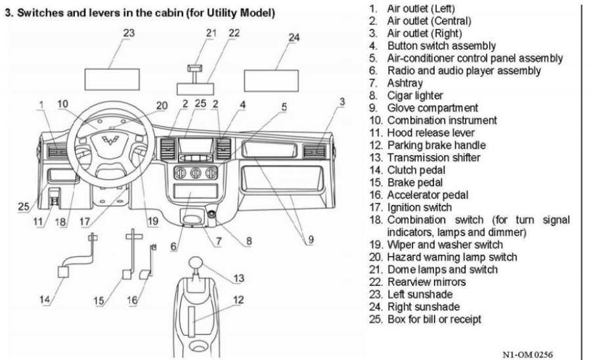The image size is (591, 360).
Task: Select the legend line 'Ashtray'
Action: (405, 83)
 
